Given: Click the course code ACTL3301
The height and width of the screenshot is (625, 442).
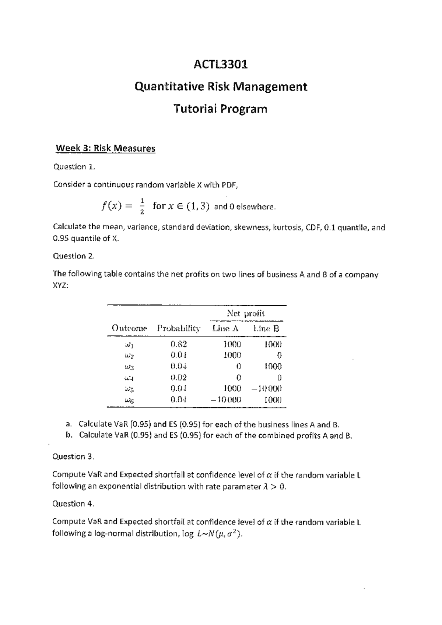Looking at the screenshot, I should tap(221, 64).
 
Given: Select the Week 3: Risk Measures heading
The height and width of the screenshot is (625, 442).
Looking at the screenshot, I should tap(105, 148).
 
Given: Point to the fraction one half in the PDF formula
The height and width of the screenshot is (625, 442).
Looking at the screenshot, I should tap(142, 206).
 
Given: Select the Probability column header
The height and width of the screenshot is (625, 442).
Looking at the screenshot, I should tap(179, 328).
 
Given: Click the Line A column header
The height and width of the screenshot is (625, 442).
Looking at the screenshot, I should tap(225, 328).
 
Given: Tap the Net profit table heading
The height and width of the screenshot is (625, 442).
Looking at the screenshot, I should tap(246, 314).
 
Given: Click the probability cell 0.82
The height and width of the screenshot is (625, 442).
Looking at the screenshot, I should tap(179, 345).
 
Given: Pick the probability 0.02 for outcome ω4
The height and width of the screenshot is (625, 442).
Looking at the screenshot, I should tap(179, 377).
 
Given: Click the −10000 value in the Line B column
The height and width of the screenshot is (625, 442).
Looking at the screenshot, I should tap(267, 388).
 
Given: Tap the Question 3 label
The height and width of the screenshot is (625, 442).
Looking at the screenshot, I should tap(73, 457).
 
